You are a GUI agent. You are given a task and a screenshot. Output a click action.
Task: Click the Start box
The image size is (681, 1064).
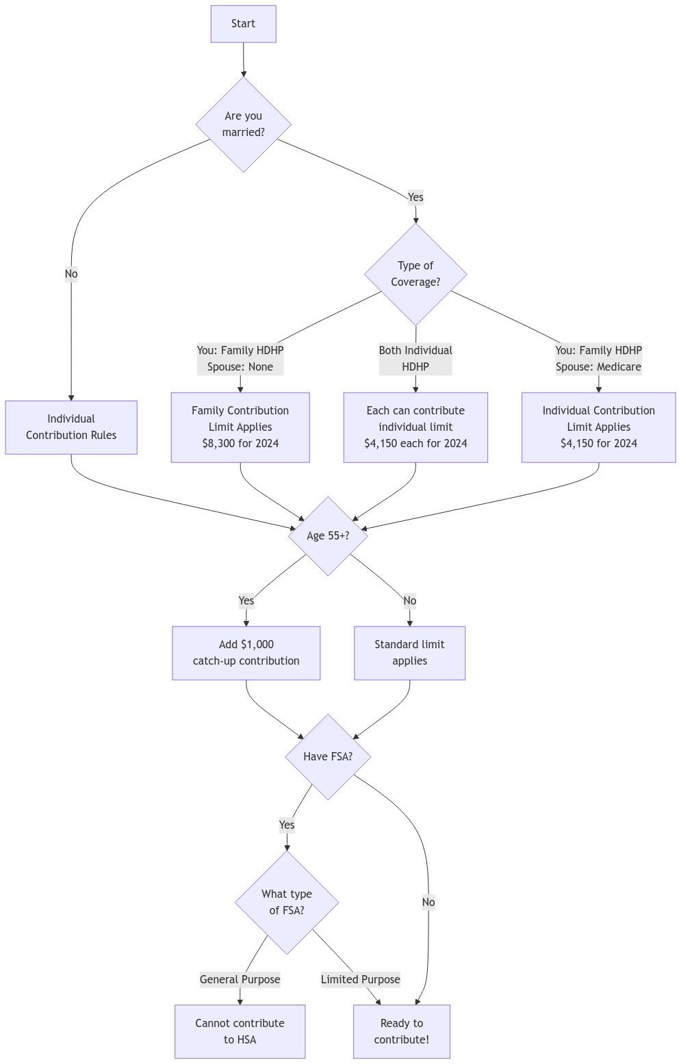click(x=243, y=24)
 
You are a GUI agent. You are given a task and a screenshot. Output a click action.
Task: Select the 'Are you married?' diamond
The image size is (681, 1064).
click(x=243, y=124)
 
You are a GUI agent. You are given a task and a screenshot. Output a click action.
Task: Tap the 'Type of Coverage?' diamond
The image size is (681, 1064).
click(x=415, y=274)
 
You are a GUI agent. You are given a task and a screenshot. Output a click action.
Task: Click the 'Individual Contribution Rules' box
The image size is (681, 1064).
click(x=71, y=427)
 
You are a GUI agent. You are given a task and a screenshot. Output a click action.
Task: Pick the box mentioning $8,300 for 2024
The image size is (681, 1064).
click(x=240, y=427)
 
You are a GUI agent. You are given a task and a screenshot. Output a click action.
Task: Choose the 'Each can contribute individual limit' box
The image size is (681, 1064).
click(x=415, y=427)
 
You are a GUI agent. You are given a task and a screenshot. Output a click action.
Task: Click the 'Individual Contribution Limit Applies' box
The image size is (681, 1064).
click(x=598, y=427)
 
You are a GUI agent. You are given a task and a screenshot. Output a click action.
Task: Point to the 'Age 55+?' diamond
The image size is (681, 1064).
click(x=328, y=536)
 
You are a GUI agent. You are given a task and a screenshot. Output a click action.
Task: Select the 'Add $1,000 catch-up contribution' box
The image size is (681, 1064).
click(x=246, y=653)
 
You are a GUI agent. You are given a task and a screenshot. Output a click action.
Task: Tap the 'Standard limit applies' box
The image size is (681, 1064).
click(x=409, y=653)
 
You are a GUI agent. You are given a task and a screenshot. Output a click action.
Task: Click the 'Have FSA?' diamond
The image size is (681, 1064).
click(x=328, y=757)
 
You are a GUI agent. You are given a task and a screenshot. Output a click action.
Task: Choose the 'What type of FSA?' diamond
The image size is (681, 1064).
click(x=287, y=903)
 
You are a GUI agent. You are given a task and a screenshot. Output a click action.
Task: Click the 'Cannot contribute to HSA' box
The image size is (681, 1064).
click(x=240, y=1032)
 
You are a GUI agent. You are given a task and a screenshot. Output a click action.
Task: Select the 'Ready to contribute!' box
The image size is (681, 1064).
click(x=402, y=1032)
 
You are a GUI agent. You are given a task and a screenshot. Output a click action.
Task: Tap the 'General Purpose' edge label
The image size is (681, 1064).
click(x=240, y=980)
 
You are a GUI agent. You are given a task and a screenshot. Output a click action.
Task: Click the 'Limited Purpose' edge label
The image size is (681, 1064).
click(x=361, y=980)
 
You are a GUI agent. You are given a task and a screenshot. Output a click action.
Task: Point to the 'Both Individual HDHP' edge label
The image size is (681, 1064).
click(x=415, y=359)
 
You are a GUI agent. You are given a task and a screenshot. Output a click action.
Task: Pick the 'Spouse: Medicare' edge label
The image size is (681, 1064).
click(x=598, y=367)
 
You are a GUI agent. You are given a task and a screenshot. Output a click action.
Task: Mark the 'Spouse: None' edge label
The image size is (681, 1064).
click(x=240, y=367)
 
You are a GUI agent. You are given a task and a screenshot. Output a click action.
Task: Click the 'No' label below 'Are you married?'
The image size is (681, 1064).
click(x=71, y=274)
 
